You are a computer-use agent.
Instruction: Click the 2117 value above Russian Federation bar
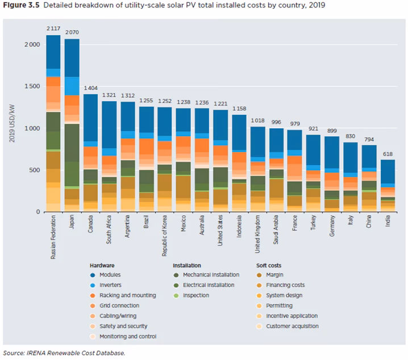pos(53,28)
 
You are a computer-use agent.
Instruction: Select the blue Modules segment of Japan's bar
pos(72,57)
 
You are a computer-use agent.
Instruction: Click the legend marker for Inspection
pos(177,295)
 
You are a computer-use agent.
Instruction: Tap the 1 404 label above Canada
pos(90,88)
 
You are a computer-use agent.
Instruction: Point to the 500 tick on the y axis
pos(35,170)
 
